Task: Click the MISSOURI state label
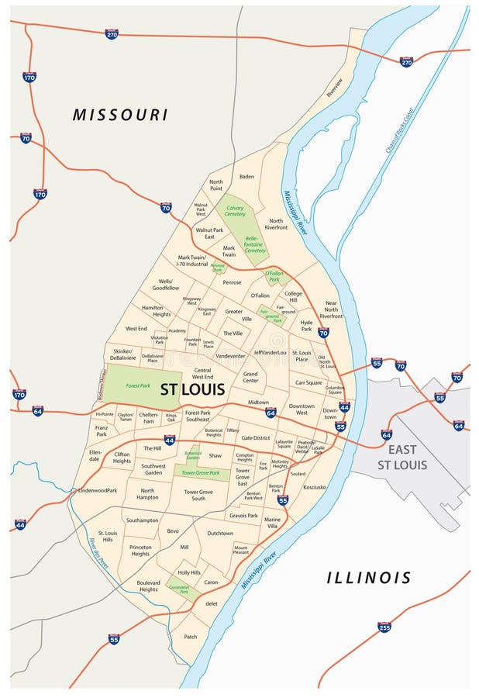point(120,115)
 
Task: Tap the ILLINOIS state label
point(368,578)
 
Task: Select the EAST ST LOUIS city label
point(401,457)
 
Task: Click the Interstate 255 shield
point(384,627)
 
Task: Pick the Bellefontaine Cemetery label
point(256,245)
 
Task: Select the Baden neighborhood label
point(246,177)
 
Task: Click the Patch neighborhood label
point(191,637)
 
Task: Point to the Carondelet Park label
point(180,589)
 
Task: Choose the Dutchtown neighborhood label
point(220,534)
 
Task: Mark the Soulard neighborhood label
point(298,473)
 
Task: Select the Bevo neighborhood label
point(173,531)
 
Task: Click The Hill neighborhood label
point(152,448)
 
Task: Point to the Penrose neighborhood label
point(232,282)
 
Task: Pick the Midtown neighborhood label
point(258,403)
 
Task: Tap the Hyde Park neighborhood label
point(306,325)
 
